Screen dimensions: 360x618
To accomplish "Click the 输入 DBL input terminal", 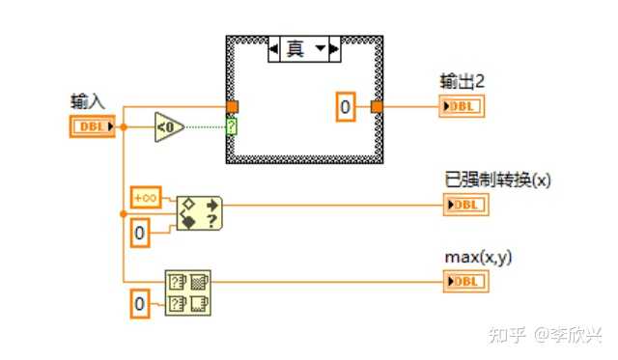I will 93,126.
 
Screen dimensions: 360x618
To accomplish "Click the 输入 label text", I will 87,100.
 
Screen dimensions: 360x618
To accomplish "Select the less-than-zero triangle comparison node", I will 168,126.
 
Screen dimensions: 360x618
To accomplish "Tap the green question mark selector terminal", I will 232,126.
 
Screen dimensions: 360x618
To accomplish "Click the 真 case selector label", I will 295,48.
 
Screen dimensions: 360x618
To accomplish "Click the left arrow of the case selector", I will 273,48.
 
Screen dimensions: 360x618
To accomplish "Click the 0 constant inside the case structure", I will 346,107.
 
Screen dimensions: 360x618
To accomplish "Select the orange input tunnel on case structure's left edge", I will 232,107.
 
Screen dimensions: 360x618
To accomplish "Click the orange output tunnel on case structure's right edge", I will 377,107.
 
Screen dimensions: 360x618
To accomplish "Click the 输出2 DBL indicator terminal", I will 462,106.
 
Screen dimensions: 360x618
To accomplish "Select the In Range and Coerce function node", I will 200,213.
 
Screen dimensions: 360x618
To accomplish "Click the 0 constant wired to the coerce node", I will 139,232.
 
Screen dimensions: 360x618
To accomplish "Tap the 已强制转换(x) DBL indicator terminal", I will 465,204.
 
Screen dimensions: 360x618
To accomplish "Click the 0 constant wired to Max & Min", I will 139,306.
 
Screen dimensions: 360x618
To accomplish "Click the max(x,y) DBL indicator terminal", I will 465,282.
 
